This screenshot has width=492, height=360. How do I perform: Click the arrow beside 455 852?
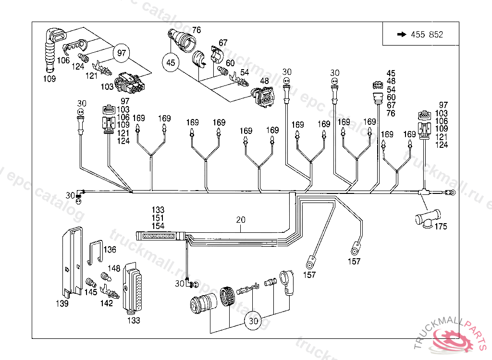401,35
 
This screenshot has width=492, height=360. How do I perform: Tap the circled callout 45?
171,62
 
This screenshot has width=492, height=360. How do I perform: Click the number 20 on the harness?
241,220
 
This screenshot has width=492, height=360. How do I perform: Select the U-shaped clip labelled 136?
97,252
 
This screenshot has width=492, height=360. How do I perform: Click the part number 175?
441,227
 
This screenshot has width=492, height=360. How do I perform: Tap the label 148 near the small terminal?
114,268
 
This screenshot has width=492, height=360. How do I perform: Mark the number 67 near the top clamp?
223,43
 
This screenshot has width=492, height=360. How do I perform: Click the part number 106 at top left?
63,60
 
